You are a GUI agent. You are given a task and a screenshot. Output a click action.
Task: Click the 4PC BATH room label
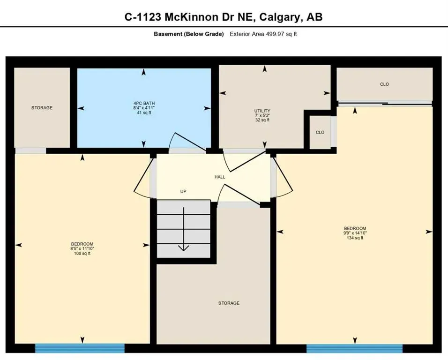143,103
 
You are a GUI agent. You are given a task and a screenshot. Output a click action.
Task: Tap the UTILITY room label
266,111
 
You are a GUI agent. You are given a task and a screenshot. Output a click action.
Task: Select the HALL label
220,177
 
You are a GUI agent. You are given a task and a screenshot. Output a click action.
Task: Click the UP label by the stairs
184,192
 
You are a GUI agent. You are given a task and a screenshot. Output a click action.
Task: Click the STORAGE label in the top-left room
42,108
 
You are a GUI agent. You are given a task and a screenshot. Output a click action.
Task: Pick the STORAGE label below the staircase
229,303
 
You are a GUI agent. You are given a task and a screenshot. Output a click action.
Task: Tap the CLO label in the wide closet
384,84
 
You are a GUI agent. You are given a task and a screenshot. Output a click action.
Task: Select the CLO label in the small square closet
320,133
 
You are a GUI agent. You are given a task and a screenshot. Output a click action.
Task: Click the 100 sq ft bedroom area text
82,254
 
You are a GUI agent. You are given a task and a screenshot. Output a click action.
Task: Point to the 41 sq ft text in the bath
143,113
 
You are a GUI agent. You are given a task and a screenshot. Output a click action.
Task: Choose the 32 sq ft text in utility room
266,120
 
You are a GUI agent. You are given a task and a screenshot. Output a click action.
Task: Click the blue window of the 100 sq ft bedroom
80,348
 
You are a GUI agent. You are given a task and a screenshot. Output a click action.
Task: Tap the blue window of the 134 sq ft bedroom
354,348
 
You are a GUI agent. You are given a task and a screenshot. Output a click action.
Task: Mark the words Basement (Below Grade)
189,34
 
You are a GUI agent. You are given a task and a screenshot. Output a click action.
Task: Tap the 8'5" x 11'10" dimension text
82,249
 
